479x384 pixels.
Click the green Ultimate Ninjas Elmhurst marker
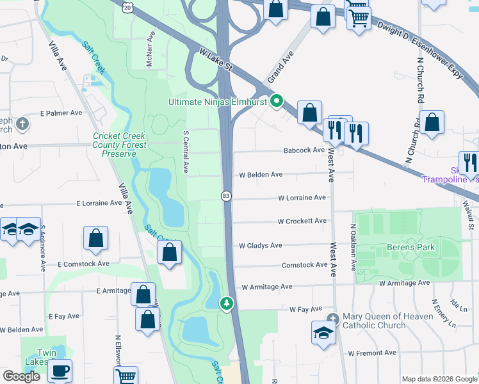277,101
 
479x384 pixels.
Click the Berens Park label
411,247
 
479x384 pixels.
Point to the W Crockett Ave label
302,221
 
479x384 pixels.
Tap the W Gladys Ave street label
260,245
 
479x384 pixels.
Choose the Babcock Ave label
305,150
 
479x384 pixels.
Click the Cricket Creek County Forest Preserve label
120,145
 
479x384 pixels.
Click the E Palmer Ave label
61,113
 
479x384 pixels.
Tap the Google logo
22,376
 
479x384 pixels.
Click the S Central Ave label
186,153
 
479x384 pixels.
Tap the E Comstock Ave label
84,264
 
